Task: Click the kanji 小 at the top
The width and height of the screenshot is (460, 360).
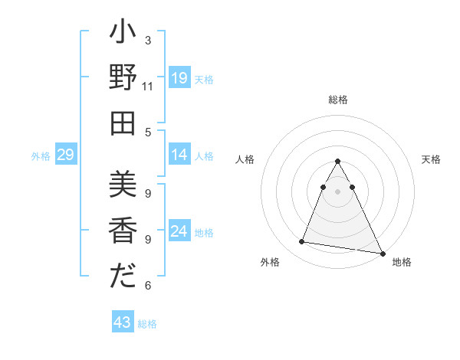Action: click(x=123, y=35)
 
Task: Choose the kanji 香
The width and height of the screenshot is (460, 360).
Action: click(x=123, y=231)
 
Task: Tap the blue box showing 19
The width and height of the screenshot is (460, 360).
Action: click(x=179, y=77)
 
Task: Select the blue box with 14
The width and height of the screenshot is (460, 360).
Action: click(x=179, y=155)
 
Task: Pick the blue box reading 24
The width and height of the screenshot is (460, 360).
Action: click(x=179, y=232)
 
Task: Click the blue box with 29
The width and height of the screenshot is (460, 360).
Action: click(x=65, y=155)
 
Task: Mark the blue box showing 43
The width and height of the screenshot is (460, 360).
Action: click(x=123, y=322)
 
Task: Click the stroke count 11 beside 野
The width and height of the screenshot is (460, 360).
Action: click(x=148, y=87)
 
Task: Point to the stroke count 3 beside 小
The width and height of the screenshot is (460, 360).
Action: click(x=148, y=40)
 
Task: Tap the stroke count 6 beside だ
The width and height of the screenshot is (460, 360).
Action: click(x=148, y=286)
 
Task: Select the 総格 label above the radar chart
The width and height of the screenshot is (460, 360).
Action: click(x=338, y=100)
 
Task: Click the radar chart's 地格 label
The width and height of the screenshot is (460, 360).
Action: click(x=402, y=262)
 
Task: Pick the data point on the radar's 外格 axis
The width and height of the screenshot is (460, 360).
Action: click(x=302, y=242)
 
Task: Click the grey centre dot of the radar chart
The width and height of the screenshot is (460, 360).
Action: click(x=338, y=191)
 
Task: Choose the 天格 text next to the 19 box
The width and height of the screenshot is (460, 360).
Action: click(x=204, y=79)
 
